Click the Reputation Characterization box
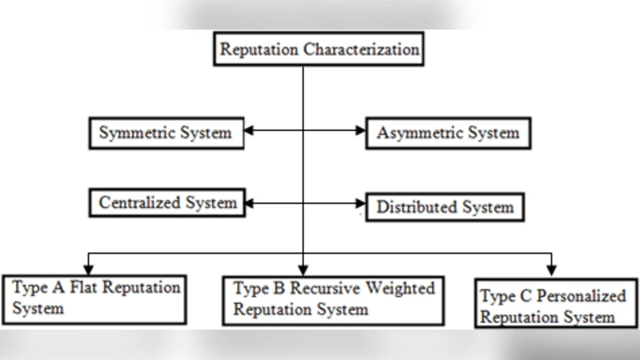click(319, 50)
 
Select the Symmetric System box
click(166, 133)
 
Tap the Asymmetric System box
click(447, 133)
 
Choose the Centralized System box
click(167, 203)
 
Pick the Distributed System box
click(445, 207)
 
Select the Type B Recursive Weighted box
click(333, 299)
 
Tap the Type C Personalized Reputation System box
click(555, 304)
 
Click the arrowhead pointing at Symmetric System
click(250, 130)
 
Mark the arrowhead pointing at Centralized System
click(250, 204)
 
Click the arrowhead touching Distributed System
click(359, 204)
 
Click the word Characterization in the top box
click(362, 50)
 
